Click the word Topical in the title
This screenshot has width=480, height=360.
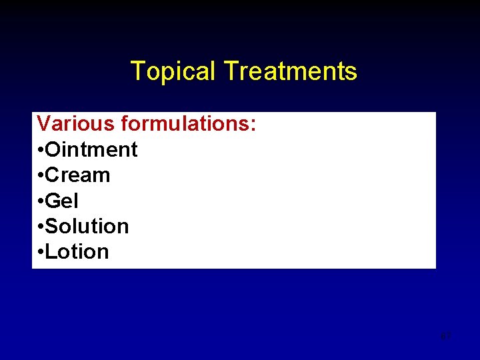click(x=173, y=71)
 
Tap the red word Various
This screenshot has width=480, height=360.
click(x=76, y=124)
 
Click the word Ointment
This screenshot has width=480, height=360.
click(x=91, y=150)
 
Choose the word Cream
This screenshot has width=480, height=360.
click(x=77, y=175)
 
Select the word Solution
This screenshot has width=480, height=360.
click(x=87, y=227)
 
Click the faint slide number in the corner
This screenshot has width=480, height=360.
click(x=446, y=335)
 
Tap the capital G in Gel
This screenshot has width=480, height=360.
click(x=53, y=201)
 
